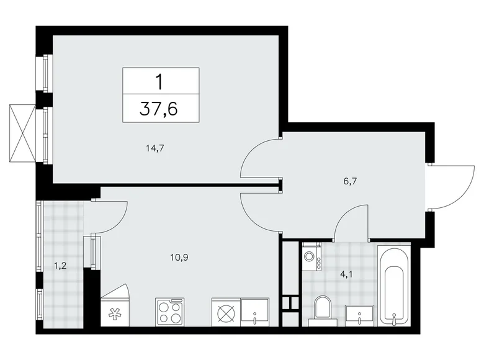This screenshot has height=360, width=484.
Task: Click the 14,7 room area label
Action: (155, 148)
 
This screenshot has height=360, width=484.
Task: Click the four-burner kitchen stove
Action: (170, 312)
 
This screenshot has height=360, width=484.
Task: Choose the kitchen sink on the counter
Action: (255, 312)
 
